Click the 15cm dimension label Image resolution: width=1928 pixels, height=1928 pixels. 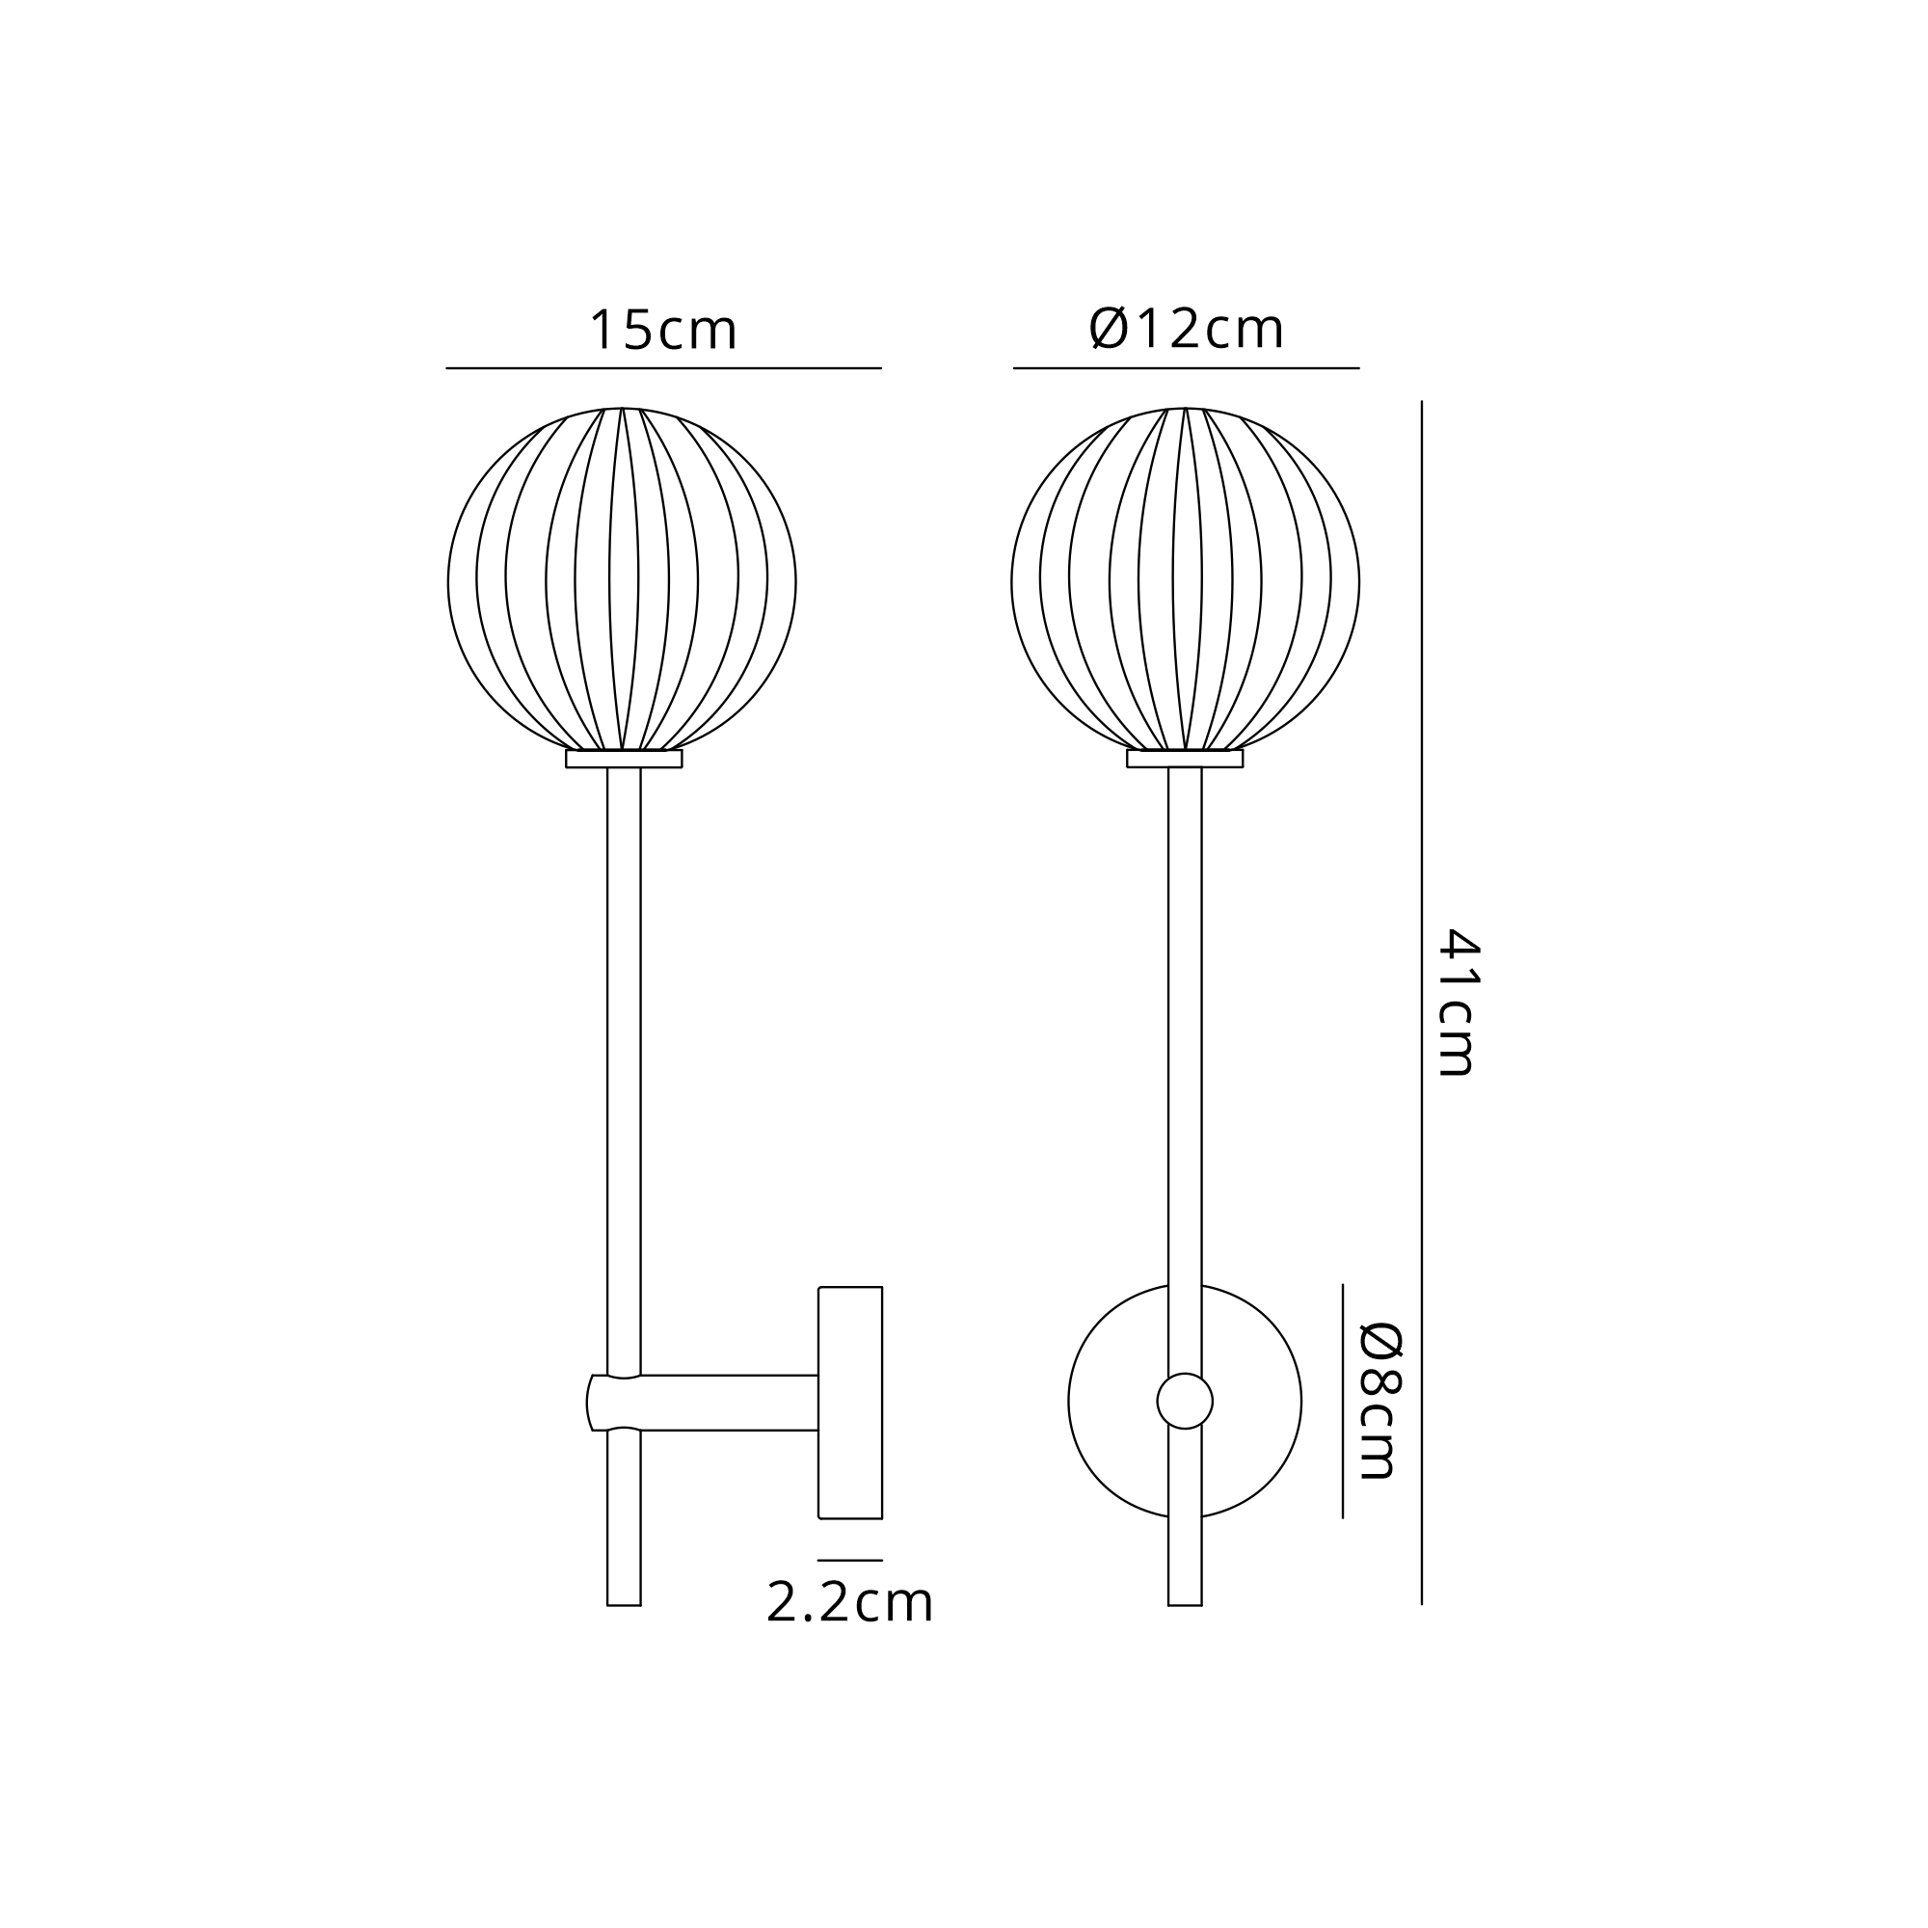[x=663, y=330]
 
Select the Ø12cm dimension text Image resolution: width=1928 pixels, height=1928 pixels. [x=1186, y=329]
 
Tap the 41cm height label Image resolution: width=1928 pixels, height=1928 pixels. [x=1457, y=1002]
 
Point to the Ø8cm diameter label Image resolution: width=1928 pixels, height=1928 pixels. [x=1381, y=1401]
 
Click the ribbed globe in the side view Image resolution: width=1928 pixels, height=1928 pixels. [x=622, y=578]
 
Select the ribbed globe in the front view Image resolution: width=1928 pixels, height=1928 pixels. [x=1186, y=578]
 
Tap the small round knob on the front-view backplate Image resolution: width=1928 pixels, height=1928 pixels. [x=1185, y=1401]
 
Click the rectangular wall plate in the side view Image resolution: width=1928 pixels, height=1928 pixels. [x=850, y=1403]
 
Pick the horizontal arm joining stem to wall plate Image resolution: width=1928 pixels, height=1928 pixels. [x=729, y=1403]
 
